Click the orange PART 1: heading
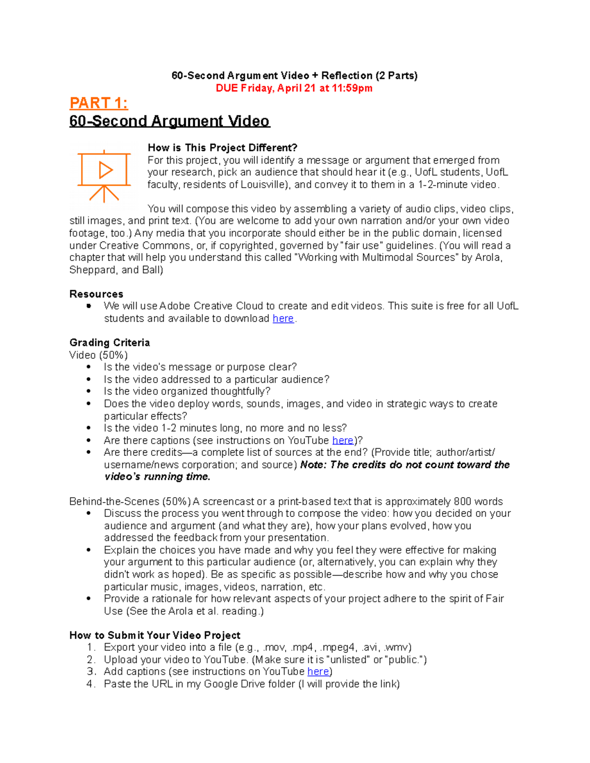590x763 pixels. pos(98,103)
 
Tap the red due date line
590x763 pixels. pos(294,88)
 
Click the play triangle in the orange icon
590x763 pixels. pos(105,170)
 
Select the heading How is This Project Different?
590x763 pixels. pos(222,148)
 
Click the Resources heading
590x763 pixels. pos(96,294)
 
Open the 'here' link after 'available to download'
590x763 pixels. pos(283,319)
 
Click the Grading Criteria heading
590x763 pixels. pos(110,343)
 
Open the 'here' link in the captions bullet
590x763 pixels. pos(342,441)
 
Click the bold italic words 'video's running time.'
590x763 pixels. pos(157,477)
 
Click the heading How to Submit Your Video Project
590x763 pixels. pos(155,635)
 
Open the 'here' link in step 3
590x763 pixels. pos(318,672)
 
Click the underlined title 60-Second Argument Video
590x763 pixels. pos(169,121)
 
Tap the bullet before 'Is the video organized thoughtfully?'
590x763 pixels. pos(88,392)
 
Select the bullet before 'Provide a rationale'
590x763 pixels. pos(88,599)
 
